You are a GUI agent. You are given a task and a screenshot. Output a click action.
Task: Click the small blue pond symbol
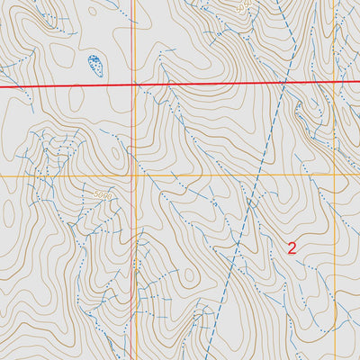(94, 64)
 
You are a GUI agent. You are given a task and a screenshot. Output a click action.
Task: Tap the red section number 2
(292, 247)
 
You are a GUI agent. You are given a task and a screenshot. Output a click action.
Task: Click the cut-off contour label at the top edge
(241, 5)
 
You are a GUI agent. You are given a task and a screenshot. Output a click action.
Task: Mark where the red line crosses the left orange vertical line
(132, 85)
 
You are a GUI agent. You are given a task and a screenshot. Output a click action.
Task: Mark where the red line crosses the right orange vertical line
(335, 82)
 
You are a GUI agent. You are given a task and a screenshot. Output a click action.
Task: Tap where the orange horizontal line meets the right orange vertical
(335, 175)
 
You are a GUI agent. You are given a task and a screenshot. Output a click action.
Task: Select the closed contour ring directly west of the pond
(61, 56)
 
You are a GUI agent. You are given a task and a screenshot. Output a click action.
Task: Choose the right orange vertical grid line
(335, 270)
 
